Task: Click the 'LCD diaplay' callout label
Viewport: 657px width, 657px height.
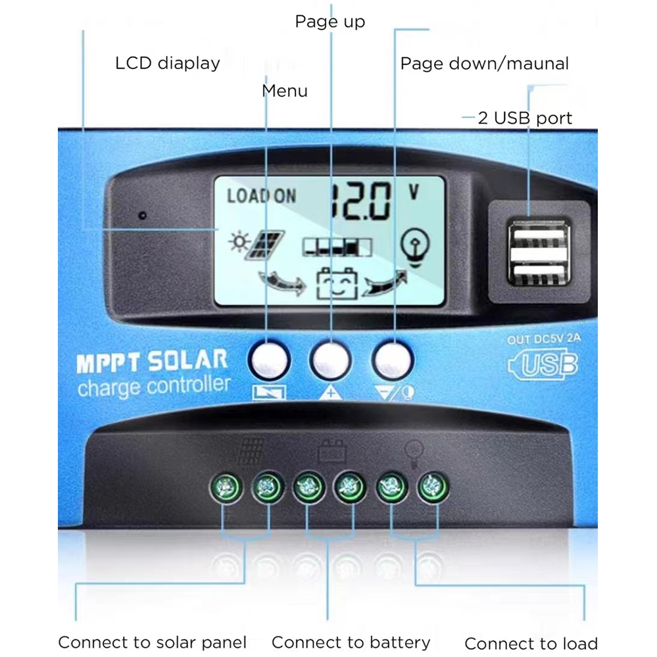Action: point(167,63)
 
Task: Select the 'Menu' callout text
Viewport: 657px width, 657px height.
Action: point(285,90)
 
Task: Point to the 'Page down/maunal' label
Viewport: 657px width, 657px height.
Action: point(484,64)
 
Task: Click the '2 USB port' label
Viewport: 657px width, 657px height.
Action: point(525,118)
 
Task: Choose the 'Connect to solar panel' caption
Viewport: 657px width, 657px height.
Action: point(153,642)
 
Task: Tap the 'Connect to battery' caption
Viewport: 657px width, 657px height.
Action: point(351,642)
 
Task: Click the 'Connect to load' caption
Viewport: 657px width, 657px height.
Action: point(531,643)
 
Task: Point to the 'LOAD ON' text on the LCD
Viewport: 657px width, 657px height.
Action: point(261,195)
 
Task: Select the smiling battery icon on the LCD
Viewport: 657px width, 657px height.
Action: point(337,284)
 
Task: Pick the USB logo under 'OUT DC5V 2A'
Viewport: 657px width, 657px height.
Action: point(543,366)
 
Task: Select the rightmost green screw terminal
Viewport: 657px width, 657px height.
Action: point(433,487)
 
